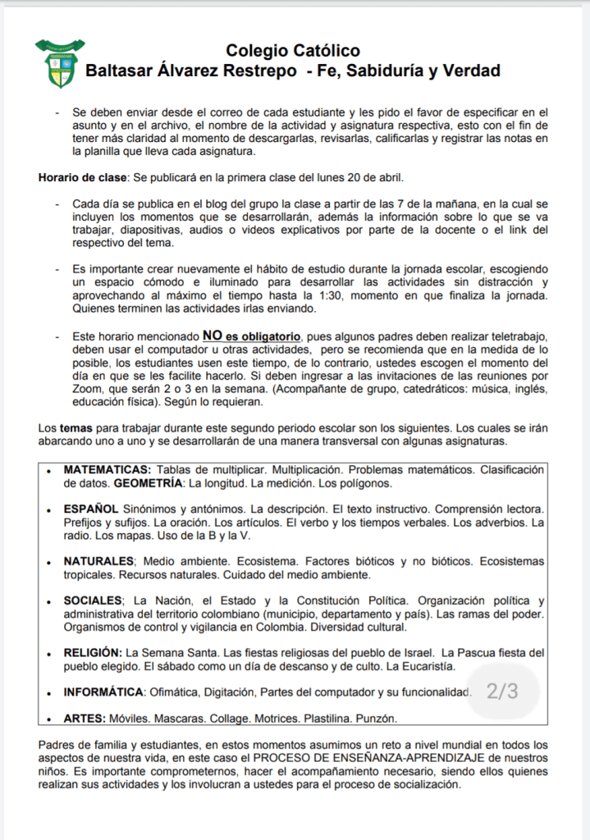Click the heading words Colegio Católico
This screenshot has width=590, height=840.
click(x=292, y=52)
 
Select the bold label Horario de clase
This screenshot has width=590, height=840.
click(x=82, y=178)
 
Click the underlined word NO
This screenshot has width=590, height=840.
click(x=213, y=336)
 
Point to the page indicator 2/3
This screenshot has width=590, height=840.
click(x=502, y=692)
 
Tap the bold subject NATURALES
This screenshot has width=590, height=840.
click(x=98, y=561)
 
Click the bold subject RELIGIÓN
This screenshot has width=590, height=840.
click(x=94, y=652)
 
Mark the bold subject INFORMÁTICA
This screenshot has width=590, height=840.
click(x=104, y=692)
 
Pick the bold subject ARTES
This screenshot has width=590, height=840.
click(x=85, y=719)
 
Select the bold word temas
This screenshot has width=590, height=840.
click(x=75, y=428)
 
